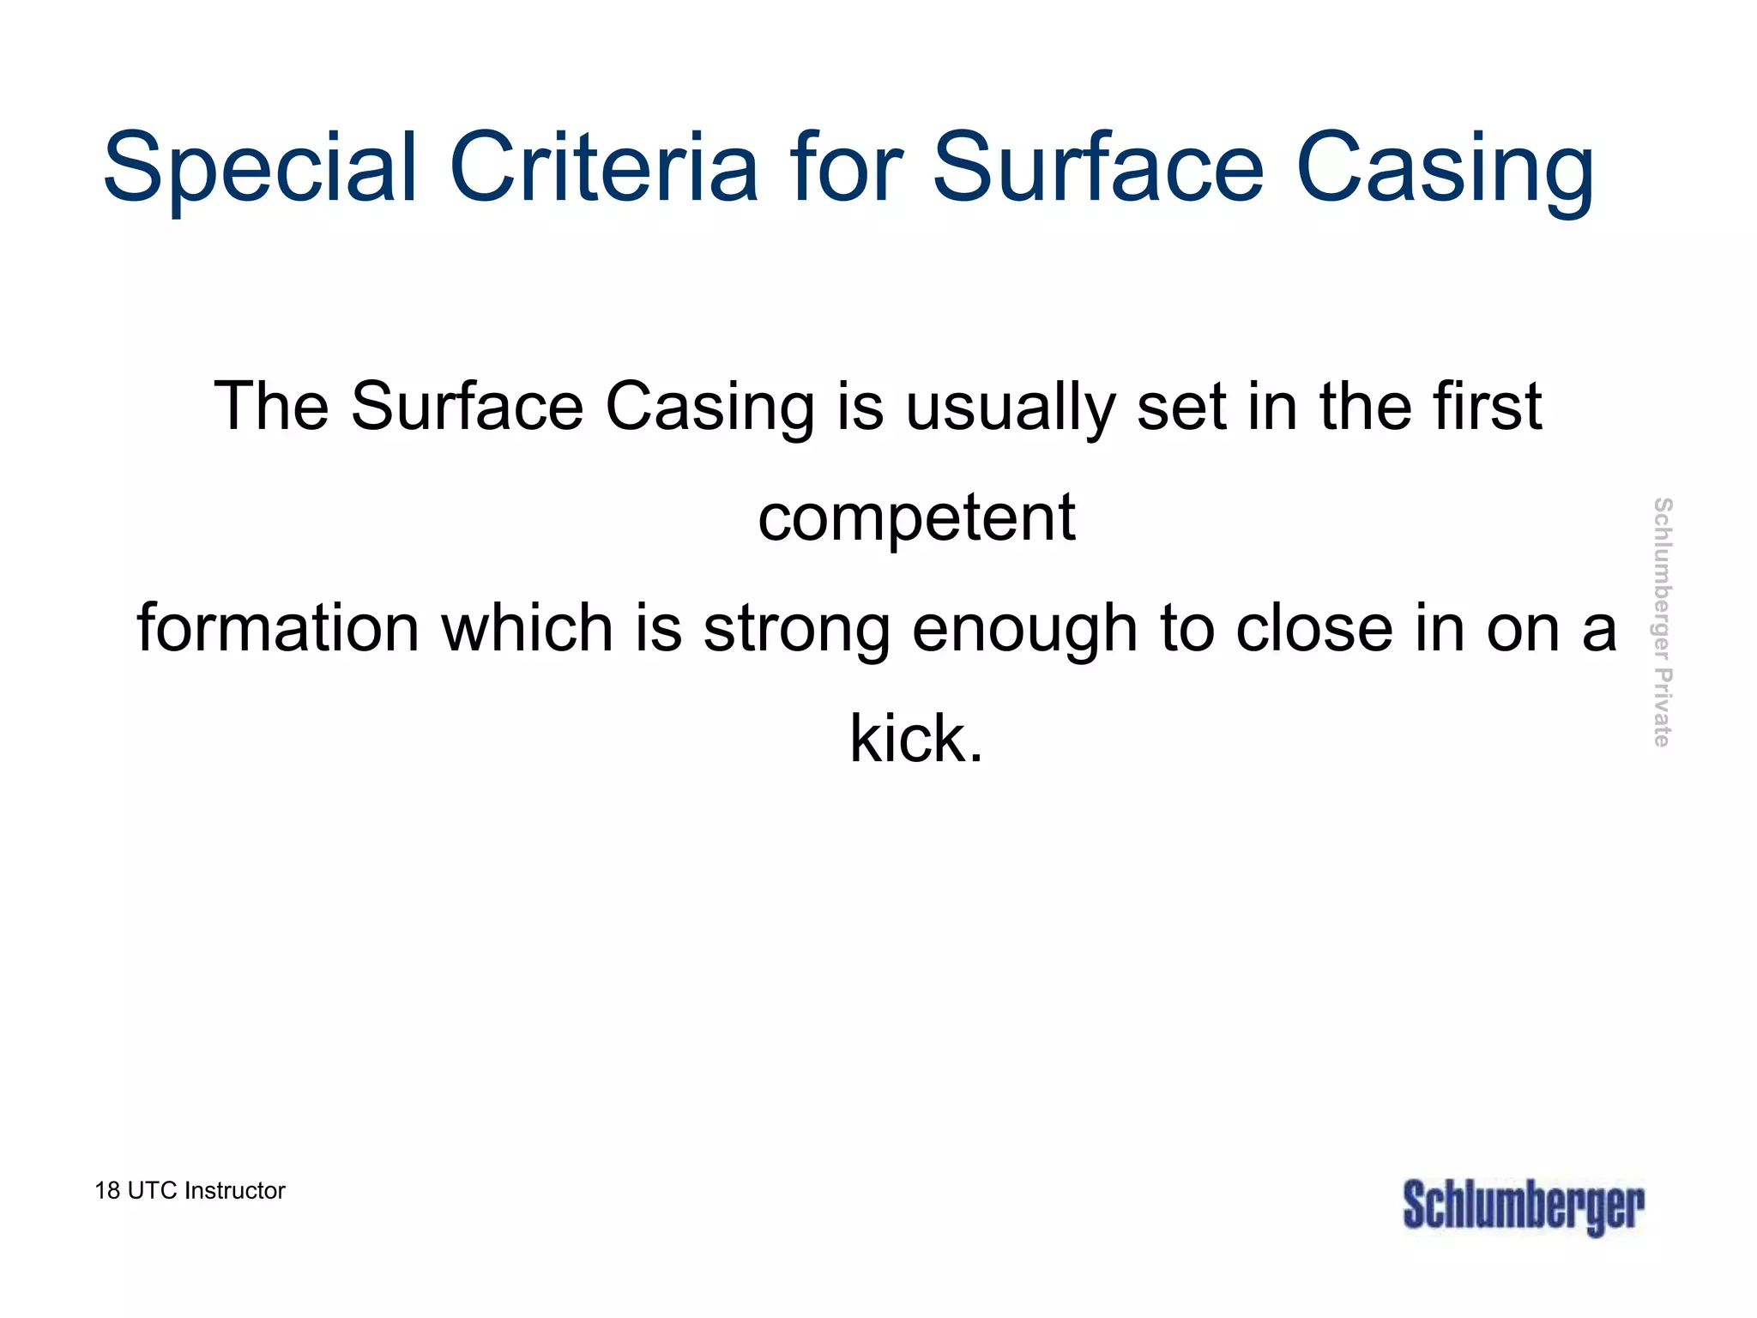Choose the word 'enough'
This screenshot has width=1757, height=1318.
click(x=1024, y=629)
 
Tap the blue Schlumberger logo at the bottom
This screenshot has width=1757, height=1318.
click(x=1524, y=1206)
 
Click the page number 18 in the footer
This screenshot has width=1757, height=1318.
click(x=107, y=1191)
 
